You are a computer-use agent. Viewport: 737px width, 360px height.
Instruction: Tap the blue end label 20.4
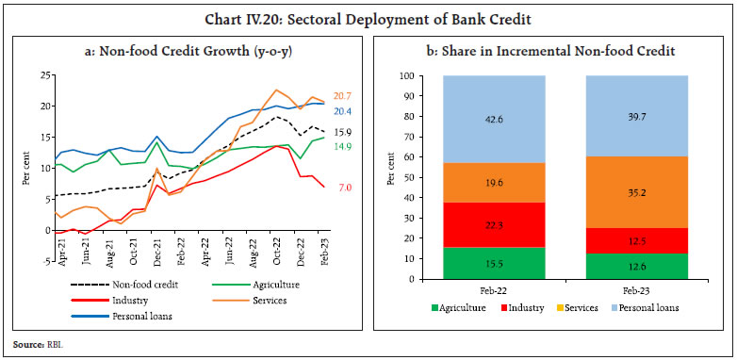click(343, 111)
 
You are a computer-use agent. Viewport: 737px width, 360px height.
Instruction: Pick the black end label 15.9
click(343, 133)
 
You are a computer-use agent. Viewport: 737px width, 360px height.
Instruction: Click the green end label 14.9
click(343, 146)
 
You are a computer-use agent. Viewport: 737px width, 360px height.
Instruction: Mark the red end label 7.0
click(344, 188)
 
